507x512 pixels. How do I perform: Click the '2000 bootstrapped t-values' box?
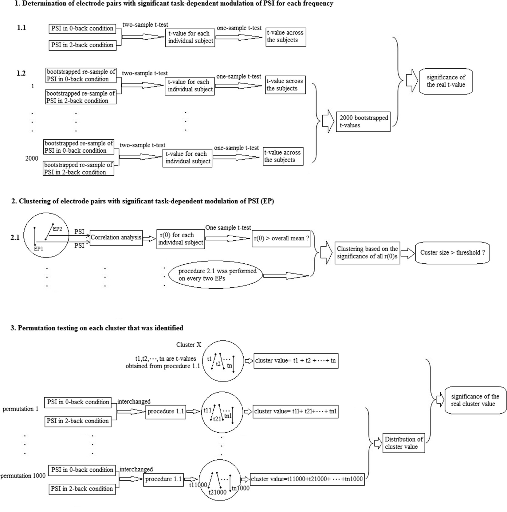point(363,122)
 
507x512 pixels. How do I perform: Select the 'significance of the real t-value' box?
point(446,81)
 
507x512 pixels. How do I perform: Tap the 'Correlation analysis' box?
point(116,238)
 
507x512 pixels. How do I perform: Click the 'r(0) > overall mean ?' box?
point(281,238)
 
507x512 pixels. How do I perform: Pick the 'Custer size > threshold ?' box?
point(452,253)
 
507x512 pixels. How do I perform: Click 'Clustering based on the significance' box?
point(367,253)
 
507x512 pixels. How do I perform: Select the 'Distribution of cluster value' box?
point(403,443)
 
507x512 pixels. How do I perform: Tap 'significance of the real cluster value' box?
point(475,400)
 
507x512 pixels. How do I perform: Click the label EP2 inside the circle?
point(57,229)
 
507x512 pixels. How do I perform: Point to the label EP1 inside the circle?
point(38,249)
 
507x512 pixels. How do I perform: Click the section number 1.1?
point(22,28)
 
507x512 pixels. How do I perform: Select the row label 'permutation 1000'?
point(23,476)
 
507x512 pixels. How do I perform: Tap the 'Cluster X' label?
point(189,345)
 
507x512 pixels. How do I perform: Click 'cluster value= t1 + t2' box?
point(295,361)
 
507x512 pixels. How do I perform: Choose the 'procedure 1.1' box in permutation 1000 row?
point(163,479)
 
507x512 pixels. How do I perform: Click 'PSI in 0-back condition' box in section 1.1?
point(82,29)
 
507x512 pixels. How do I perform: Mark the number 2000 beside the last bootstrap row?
point(32,158)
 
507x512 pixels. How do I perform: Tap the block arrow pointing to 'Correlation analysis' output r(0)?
point(150,238)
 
